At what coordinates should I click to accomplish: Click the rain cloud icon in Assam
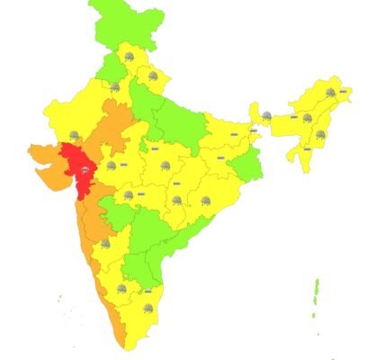tap(307, 116)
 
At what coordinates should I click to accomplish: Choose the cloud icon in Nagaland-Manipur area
tap(320, 134)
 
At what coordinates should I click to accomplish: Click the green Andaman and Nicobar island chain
tap(316, 292)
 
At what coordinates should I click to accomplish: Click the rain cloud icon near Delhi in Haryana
tap(115, 87)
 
